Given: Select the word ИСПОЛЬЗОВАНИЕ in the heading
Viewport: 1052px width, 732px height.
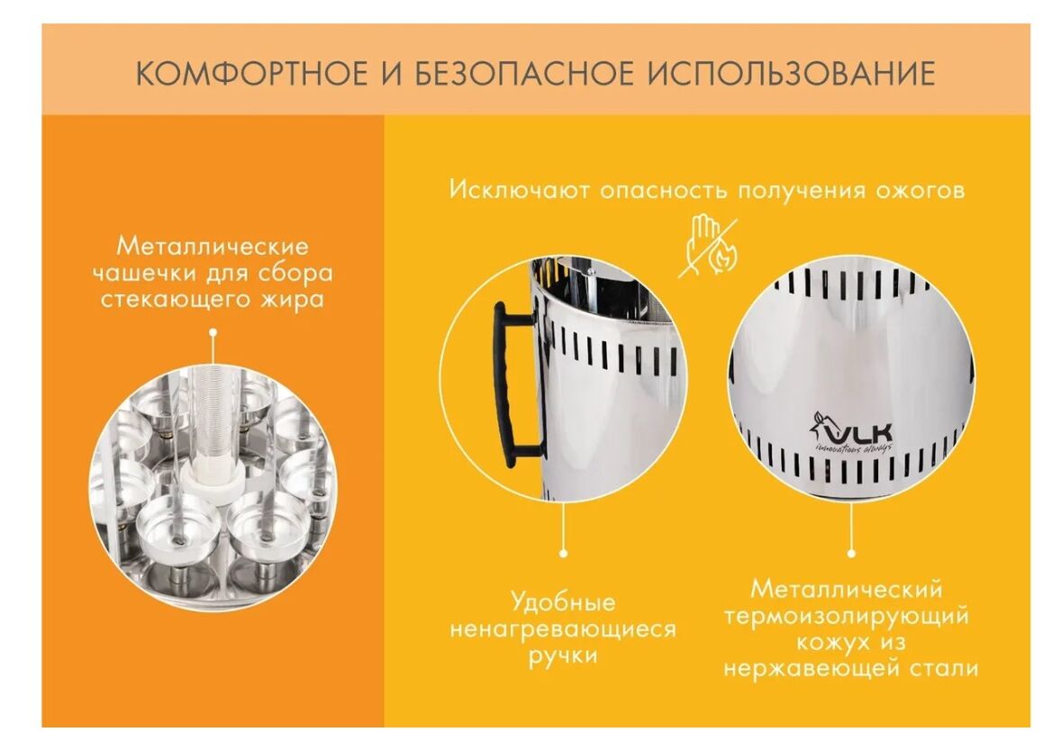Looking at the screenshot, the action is pyautogui.click(x=792, y=73).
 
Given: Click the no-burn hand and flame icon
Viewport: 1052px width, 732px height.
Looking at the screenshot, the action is pyautogui.click(x=709, y=246).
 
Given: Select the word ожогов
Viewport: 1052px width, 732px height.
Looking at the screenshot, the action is pyautogui.click(x=920, y=191).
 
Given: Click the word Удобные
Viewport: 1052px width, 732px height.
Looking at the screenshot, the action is pyautogui.click(x=563, y=601).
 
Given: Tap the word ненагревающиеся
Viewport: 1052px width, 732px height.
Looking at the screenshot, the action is pyautogui.click(x=563, y=630).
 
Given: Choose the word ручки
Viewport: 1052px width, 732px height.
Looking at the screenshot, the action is pyautogui.click(x=563, y=655).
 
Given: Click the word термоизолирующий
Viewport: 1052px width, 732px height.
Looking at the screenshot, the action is pyautogui.click(x=847, y=617).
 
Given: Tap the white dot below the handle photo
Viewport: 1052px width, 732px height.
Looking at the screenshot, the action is pyautogui.click(x=564, y=554).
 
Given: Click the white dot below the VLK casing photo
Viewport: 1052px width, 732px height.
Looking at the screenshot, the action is pyautogui.click(x=851, y=554).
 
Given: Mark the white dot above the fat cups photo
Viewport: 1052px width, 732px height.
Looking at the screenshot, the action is pyautogui.click(x=213, y=331).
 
